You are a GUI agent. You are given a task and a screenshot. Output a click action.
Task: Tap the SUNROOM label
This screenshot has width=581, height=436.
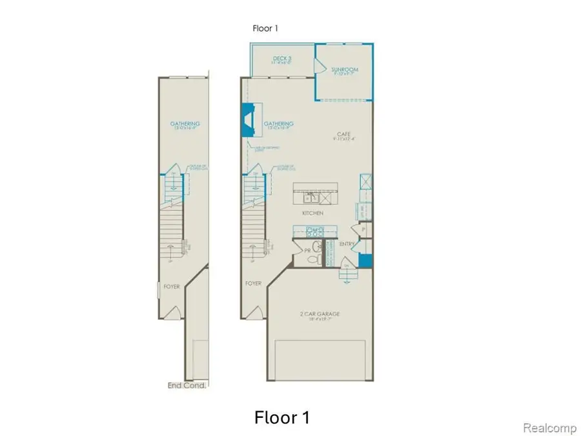tap(345, 70)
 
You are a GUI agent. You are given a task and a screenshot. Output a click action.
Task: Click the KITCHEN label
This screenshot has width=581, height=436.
tap(313, 213)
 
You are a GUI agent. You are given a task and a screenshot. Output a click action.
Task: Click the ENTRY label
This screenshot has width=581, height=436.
tap(346, 244)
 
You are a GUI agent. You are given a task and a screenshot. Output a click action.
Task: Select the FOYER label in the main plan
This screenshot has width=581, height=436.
tap(253, 284)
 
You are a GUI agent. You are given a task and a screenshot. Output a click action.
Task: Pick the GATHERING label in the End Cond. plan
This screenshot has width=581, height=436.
tap(185, 124)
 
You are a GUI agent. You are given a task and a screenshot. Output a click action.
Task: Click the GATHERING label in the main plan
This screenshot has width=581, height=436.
tap(278, 124)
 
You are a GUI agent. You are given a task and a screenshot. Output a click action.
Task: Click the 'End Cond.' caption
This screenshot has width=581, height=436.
tap(187, 386)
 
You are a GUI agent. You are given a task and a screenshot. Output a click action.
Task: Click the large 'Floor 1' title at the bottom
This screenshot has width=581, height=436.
tap(282, 417)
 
